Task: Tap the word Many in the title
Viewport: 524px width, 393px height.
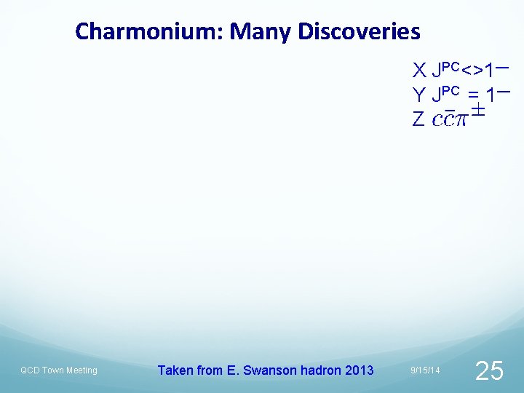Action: (x=258, y=32)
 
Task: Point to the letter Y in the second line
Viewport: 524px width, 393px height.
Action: (x=418, y=95)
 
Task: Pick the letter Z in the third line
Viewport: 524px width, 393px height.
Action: (x=418, y=119)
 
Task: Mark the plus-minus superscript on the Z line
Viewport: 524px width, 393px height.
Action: (x=477, y=111)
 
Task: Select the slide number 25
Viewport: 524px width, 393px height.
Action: (x=488, y=371)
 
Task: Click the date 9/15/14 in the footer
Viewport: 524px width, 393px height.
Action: (x=425, y=371)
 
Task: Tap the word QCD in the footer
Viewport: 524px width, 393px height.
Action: (x=31, y=370)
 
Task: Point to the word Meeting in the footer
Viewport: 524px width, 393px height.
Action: (x=82, y=370)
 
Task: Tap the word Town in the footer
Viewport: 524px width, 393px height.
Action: (x=54, y=370)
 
